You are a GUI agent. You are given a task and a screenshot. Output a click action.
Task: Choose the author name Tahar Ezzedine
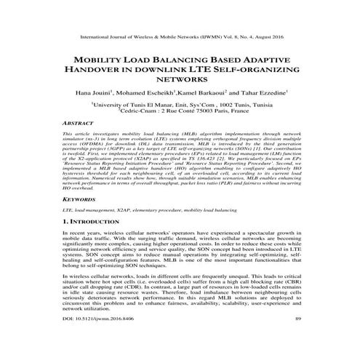click(265, 92)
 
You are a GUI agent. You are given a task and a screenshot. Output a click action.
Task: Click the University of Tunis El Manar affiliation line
click(180, 105)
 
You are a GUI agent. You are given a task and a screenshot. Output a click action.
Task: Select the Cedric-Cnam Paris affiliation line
click(180, 111)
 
